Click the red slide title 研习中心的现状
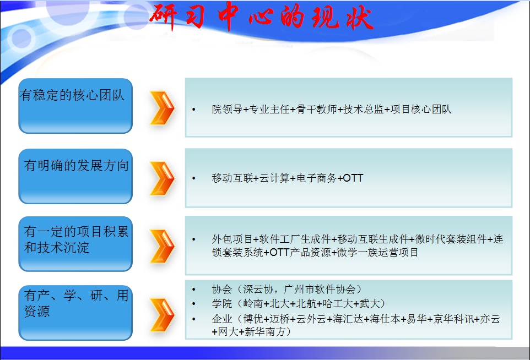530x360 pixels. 261,16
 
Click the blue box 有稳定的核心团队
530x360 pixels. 75,106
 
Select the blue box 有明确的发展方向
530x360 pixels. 75,176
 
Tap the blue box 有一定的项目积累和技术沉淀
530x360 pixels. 75,244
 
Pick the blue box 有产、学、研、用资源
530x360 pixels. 75,313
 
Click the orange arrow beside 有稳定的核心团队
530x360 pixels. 162,108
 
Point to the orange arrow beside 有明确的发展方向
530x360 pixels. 162,179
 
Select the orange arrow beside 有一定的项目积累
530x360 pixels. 162,246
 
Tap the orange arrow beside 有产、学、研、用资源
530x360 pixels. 162,315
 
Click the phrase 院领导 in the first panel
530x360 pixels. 227,110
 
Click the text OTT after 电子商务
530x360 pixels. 353,178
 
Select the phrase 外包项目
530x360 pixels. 232,239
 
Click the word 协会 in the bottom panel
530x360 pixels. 221,289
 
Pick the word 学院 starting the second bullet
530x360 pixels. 221,304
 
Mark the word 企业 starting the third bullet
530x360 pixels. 221,319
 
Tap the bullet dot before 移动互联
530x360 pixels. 194,178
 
